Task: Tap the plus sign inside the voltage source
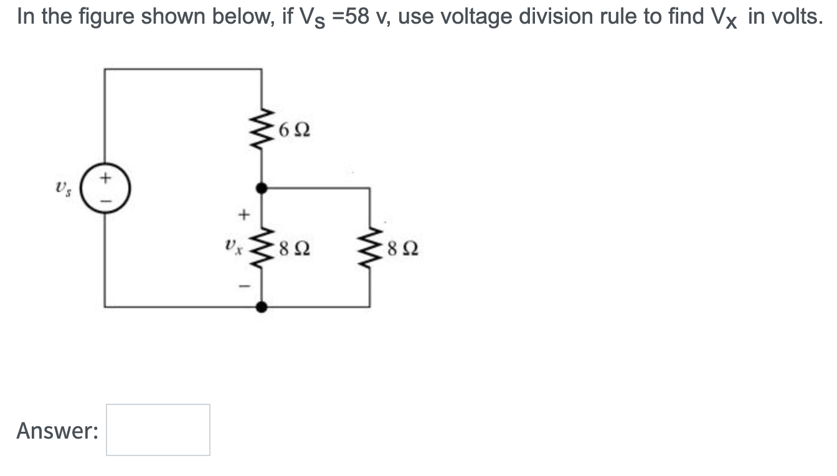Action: pyautogui.click(x=105, y=179)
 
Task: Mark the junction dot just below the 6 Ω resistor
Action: pyautogui.click(x=262, y=187)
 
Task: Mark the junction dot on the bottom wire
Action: pyautogui.click(x=262, y=307)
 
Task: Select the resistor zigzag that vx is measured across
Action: pyautogui.click(x=262, y=250)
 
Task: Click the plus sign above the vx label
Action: pyautogui.click(x=244, y=215)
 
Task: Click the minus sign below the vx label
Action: pyautogui.click(x=244, y=286)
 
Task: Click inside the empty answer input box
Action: pyautogui.click(x=158, y=430)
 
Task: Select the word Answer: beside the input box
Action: pyautogui.click(x=57, y=431)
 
